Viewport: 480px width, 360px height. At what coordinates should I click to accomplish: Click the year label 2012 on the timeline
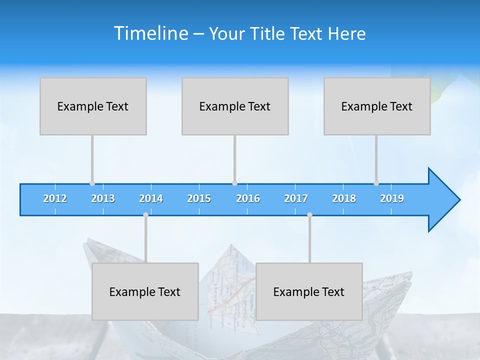(x=55, y=198)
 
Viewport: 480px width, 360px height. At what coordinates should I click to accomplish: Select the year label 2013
(x=103, y=198)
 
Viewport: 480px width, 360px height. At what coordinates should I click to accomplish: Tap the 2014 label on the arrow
(x=151, y=198)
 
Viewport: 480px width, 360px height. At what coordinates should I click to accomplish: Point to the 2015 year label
(x=199, y=198)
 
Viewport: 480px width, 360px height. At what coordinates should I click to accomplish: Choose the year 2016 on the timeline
(x=248, y=198)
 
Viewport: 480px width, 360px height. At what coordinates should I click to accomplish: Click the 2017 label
(x=296, y=198)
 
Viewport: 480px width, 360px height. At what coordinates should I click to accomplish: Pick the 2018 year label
(x=344, y=198)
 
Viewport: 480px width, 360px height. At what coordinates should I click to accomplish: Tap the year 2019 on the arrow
(x=392, y=198)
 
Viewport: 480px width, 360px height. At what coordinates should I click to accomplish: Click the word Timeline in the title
(x=150, y=33)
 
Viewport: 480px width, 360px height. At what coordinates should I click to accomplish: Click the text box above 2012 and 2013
(x=93, y=106)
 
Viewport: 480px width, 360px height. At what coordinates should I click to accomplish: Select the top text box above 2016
(x=235, y=106)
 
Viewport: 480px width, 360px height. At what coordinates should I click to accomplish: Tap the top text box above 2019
(x=377, y=106)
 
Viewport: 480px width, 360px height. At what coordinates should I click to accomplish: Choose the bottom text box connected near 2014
(x=145, y=291)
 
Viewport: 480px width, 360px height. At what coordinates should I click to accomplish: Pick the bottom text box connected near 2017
(x=309, y=291)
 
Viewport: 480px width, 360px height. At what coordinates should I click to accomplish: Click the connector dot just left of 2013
(x=92, y=183)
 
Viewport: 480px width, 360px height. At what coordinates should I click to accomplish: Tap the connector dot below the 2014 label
(x=145, y=215)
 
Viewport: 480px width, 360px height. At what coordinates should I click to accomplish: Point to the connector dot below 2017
(x=309, y=215)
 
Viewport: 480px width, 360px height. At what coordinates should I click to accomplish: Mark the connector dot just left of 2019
(x=376, y=183)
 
